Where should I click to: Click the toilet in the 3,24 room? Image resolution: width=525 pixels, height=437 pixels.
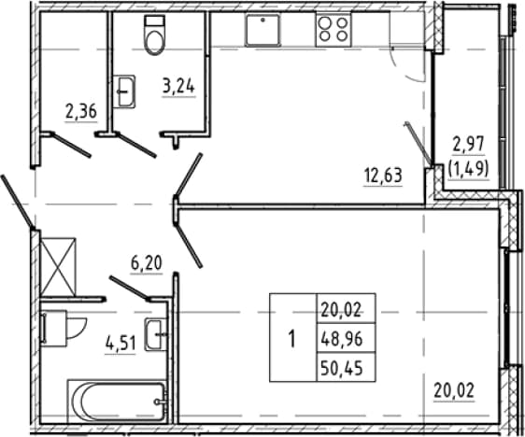point(155,35)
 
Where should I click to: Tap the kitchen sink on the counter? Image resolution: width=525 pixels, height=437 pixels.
point(262,30)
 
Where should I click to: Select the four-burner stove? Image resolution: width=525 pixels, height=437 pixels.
point(333,30)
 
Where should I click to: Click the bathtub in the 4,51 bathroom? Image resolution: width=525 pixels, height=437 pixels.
point(117,401)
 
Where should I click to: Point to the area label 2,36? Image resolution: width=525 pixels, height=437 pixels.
point(81,111)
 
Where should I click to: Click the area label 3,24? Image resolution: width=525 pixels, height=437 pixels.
point(178,87)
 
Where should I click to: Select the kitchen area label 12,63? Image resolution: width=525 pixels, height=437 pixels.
point(383,176)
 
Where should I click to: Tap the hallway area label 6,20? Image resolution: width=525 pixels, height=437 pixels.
point(147,263)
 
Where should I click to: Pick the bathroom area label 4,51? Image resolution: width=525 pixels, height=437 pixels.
point(121,344)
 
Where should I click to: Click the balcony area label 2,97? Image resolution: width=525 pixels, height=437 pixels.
point(468,145)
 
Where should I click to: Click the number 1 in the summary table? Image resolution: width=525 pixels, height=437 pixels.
point(292,339)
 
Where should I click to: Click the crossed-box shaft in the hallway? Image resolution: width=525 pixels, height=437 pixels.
point(58,267)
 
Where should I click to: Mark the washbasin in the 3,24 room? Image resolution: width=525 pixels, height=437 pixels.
point(124,92)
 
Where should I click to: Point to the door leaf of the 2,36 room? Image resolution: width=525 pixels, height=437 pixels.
point(71,146)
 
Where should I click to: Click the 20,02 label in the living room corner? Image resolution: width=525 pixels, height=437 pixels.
point(454,390)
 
